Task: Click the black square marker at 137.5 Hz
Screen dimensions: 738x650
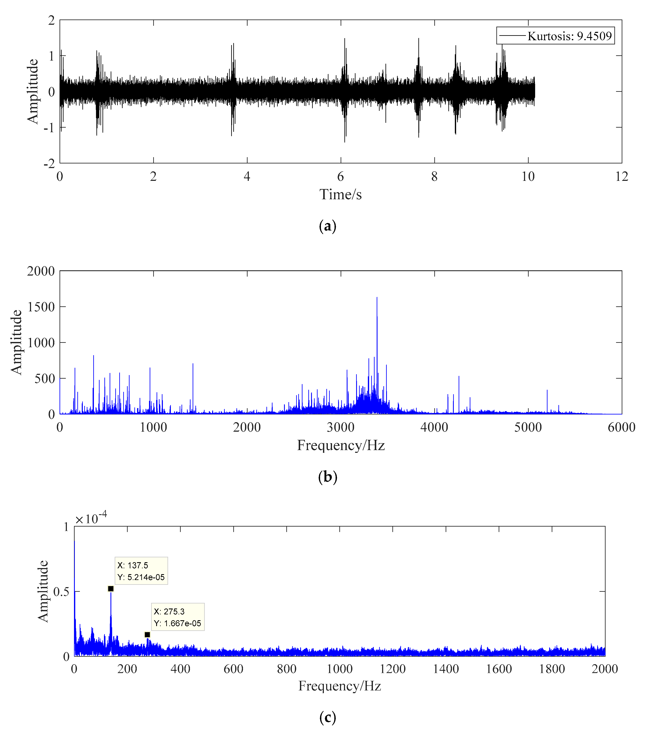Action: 111,589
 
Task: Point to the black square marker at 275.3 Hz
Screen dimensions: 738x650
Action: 147,635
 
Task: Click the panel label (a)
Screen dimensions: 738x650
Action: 328,226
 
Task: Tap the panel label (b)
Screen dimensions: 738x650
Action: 328,477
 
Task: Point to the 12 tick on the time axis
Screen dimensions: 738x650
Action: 621,177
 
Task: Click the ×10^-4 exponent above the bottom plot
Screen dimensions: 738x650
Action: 91,519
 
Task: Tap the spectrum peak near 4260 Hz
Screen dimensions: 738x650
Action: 459,378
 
